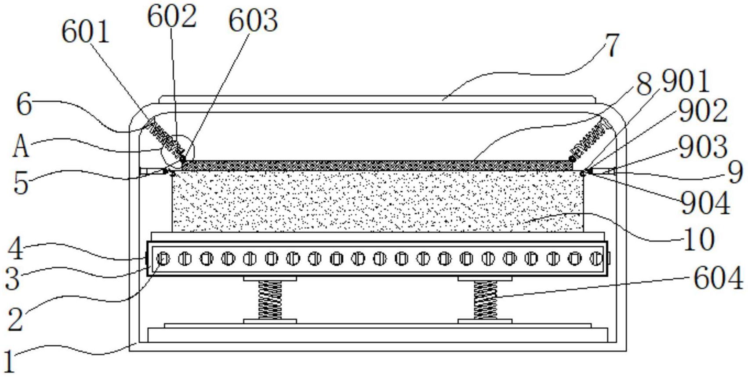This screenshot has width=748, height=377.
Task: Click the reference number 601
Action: pos(86,32)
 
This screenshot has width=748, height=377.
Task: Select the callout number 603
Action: pos(253,21)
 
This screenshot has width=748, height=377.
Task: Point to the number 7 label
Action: pos(612,45)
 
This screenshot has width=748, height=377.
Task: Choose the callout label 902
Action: pos(703,110)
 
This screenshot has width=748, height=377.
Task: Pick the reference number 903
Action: pos(703,147)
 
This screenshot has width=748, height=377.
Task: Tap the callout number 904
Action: pos(706,203)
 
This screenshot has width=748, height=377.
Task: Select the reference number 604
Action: pos(719,278)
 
